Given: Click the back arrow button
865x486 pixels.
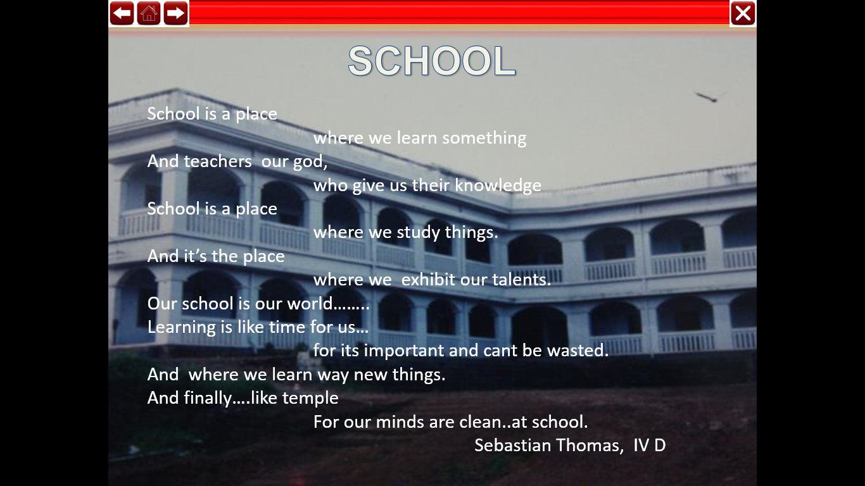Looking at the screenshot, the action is coord(122,13).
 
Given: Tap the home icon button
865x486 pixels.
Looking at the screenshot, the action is coord(149,13).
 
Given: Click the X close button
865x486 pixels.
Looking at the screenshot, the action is coord(743,13).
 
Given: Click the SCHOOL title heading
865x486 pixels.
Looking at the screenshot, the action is coord(432,61).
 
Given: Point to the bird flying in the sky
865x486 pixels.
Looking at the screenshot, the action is coord(707,97).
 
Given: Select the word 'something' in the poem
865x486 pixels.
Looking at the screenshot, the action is coord(484,138).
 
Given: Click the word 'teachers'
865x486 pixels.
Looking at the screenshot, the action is coord(217,161).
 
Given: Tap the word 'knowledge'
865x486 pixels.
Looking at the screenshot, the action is coord(498,185).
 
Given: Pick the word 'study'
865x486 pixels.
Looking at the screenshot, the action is coord(418,233).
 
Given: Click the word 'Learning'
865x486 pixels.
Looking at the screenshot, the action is coord(182,328).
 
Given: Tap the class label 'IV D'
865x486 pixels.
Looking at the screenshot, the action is coord(649,445).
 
